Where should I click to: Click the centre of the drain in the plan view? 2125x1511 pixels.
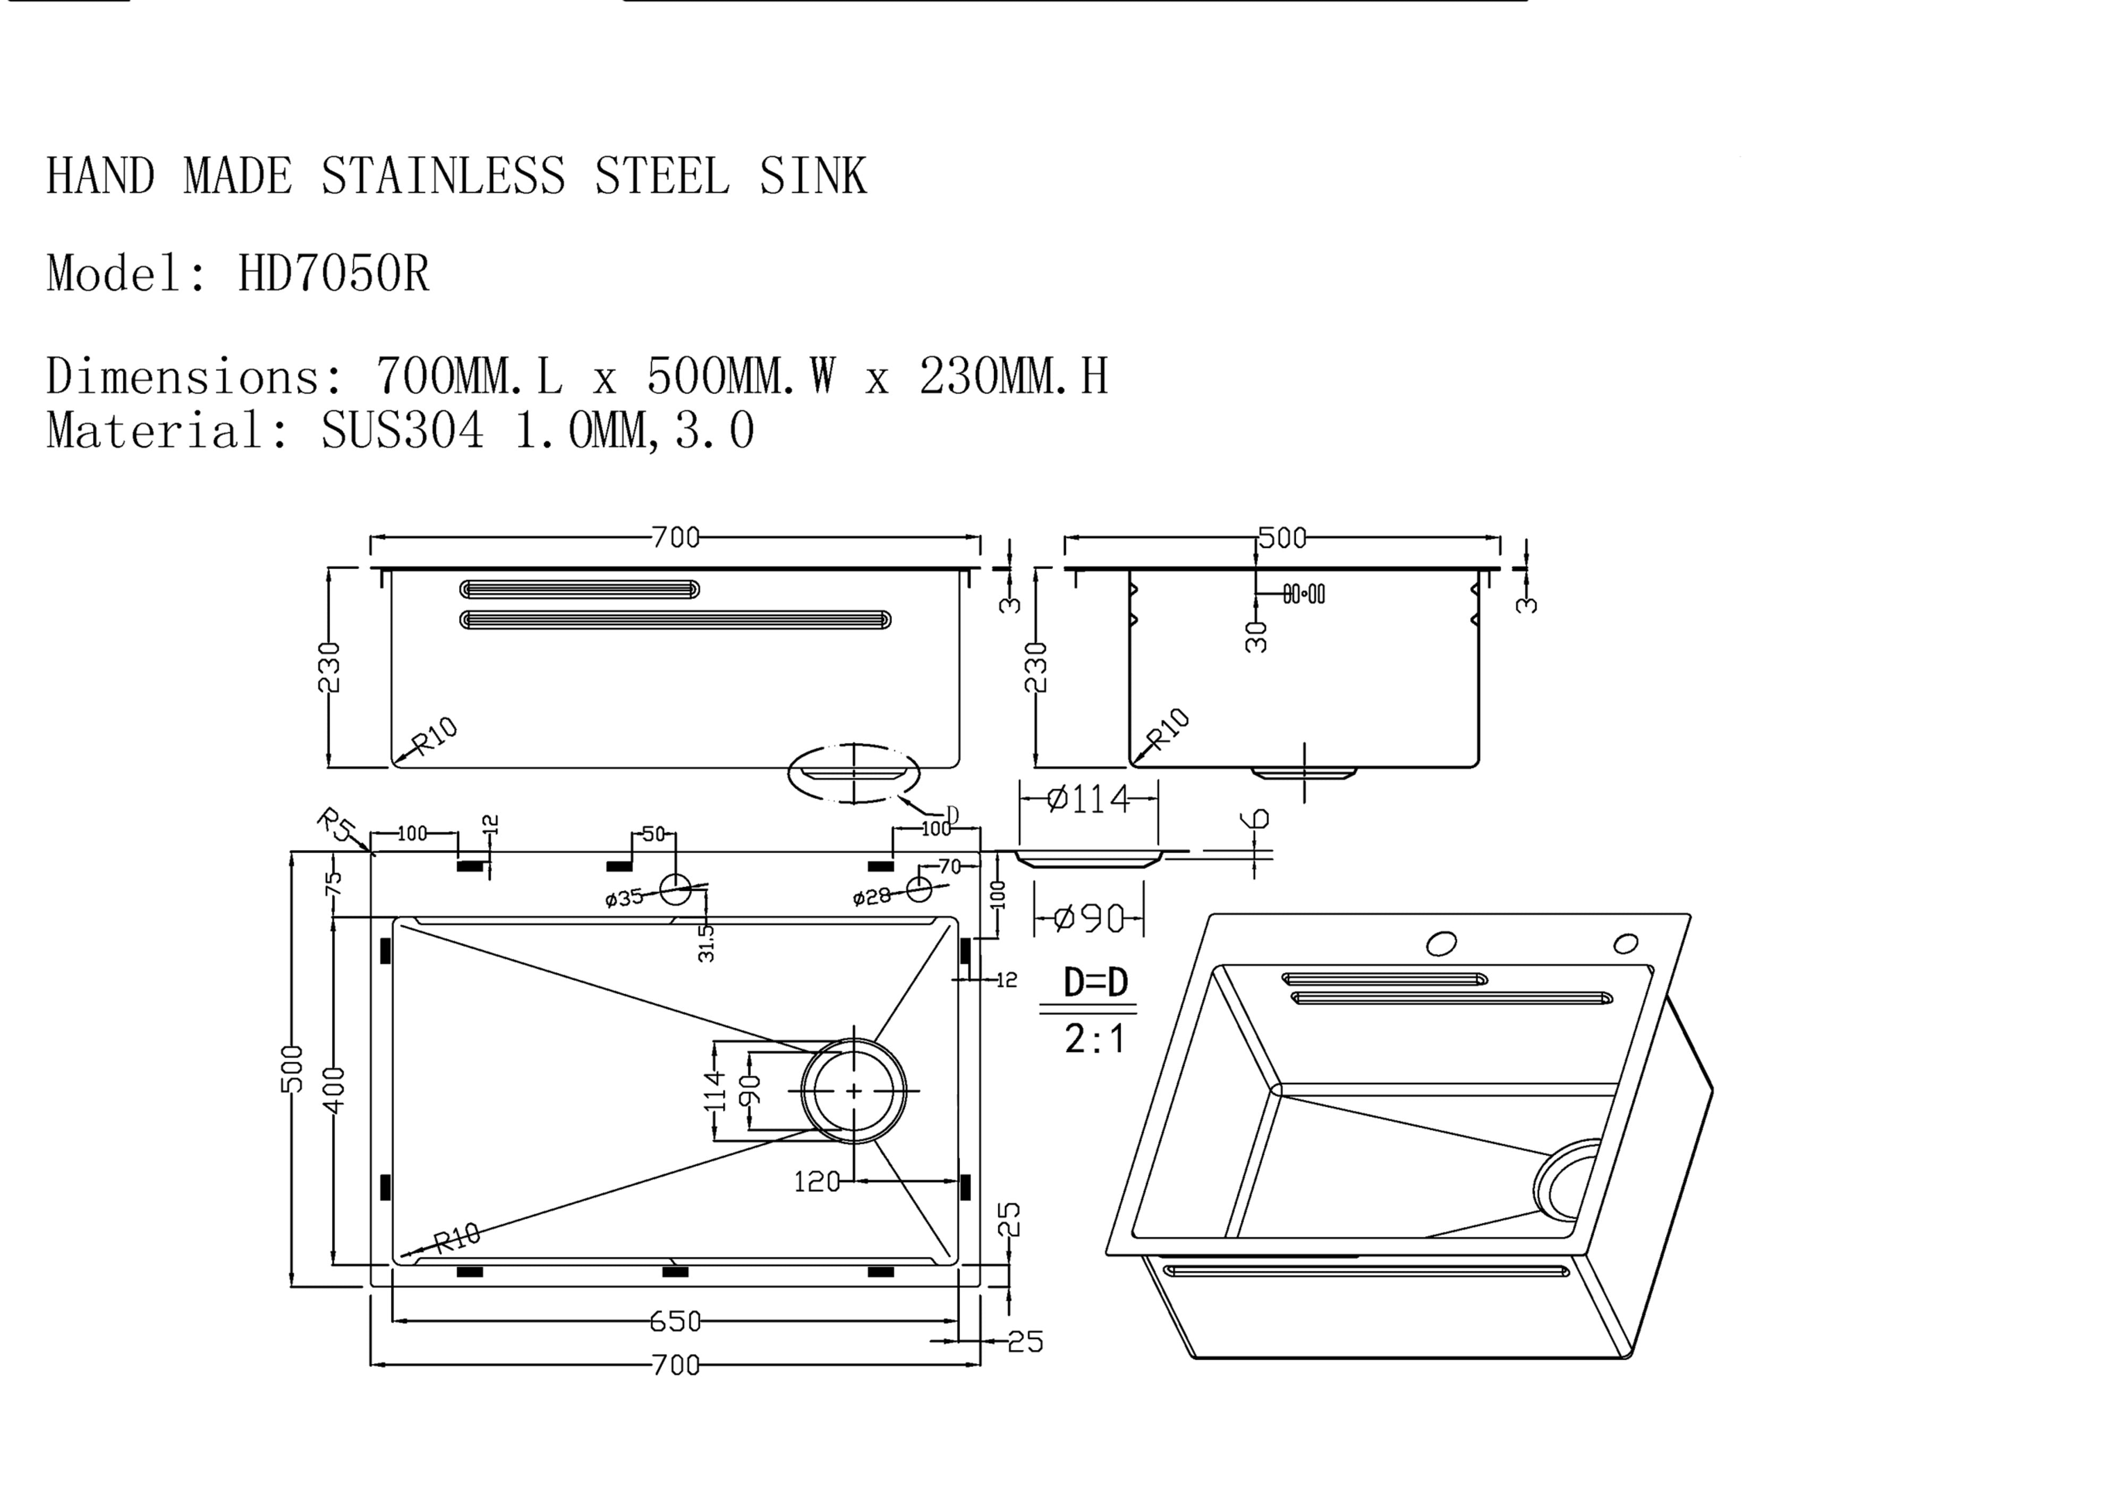854,1090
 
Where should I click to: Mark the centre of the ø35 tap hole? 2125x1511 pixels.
675,888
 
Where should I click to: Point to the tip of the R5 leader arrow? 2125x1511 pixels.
373,853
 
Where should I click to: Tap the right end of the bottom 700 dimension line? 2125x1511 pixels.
981,1365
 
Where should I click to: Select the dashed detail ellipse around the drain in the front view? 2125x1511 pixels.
853,773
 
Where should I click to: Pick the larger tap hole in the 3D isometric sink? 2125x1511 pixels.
1441,944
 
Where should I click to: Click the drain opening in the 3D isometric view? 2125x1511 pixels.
1566,1179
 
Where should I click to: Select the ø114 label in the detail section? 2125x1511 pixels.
1089,799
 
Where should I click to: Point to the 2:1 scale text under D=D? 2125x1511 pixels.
1095,1038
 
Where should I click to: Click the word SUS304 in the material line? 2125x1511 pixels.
403,431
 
